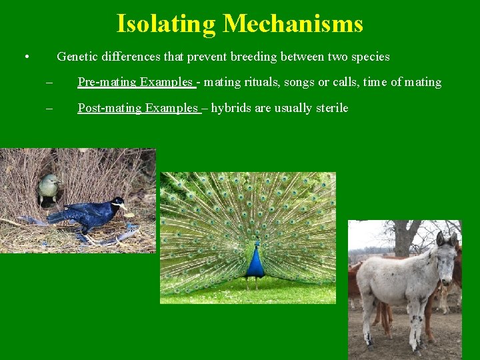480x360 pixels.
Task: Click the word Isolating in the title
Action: coord(166,24)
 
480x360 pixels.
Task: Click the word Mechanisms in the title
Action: coord(293,24)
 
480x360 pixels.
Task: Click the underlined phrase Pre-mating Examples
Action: coord(135,82)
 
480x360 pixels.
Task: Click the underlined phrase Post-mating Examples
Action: coord(138,108)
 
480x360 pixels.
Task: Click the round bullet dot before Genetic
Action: coord(25,57)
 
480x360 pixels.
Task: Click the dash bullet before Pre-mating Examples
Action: coord(49,83)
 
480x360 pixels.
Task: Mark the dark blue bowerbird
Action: coord(90,213)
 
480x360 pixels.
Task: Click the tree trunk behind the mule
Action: coord(403,237)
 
